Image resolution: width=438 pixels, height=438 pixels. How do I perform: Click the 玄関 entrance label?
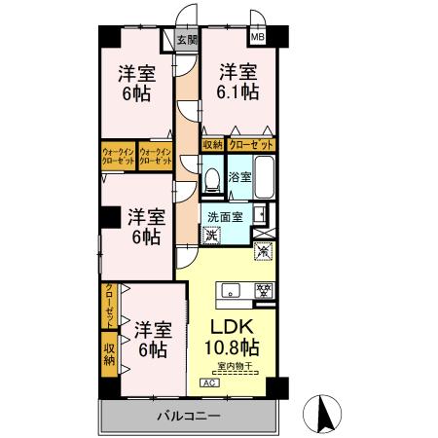coord(187,40)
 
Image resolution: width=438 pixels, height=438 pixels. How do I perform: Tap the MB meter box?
coord(258,38)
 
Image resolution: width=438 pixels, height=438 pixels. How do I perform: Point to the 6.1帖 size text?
coord(238,93)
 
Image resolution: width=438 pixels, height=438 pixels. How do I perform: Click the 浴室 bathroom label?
coord(240,177)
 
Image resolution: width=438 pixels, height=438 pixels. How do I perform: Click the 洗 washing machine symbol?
coord(211,235)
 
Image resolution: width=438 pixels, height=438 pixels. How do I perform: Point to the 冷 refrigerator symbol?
coord(263,251)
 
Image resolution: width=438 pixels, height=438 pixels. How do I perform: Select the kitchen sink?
coord(231,289)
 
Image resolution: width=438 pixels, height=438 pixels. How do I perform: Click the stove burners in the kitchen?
coord(261,289)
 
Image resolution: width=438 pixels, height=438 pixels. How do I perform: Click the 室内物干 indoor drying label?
coord(235,367)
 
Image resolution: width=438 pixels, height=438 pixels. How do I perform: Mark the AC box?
coord(208,383)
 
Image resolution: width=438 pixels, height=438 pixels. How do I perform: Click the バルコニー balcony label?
coord(189,417)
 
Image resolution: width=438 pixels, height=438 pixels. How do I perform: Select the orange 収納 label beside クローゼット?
coord(213,145)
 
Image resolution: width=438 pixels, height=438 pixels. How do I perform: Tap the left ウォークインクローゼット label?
coord(119,156)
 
